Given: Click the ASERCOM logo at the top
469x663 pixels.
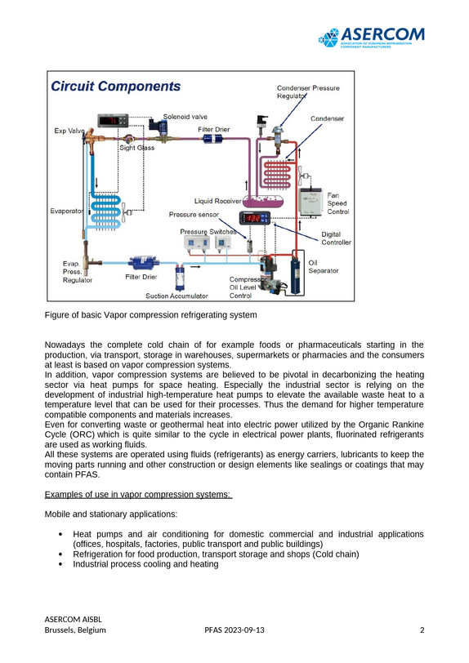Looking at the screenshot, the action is [x=371, y=38].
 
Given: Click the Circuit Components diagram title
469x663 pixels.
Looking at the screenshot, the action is [x=115, y=87].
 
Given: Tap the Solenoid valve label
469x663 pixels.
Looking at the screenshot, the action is [x=185, y=117].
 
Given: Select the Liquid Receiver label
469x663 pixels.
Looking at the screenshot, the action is [x=217, y=201].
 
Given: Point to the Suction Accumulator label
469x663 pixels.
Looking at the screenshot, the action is [x=176, y=296].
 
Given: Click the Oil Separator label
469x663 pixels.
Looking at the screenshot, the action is [x=324, y=267].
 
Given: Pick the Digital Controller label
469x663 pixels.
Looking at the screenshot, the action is [x=336, y=238].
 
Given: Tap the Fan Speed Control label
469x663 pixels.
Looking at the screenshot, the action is [x=337, y=203].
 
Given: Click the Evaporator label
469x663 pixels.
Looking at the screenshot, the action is [x=66, y=211].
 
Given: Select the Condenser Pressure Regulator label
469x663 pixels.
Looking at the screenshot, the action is [x=308, y=92].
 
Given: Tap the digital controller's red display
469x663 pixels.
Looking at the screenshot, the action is [x=253, y=218].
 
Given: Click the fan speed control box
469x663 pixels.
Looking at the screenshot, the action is [x=310, y=202].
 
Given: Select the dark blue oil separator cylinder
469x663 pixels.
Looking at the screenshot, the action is [x=296, y=272].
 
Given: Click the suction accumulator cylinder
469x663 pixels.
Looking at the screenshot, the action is [x=181, y=278].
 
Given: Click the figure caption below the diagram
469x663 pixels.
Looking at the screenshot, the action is [x=150, y=315].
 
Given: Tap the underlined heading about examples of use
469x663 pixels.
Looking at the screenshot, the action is [x=138, y=494].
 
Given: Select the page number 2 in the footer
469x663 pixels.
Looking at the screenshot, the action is [x=422, y=630].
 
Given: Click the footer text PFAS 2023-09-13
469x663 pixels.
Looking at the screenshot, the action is [x=234, y=630].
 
